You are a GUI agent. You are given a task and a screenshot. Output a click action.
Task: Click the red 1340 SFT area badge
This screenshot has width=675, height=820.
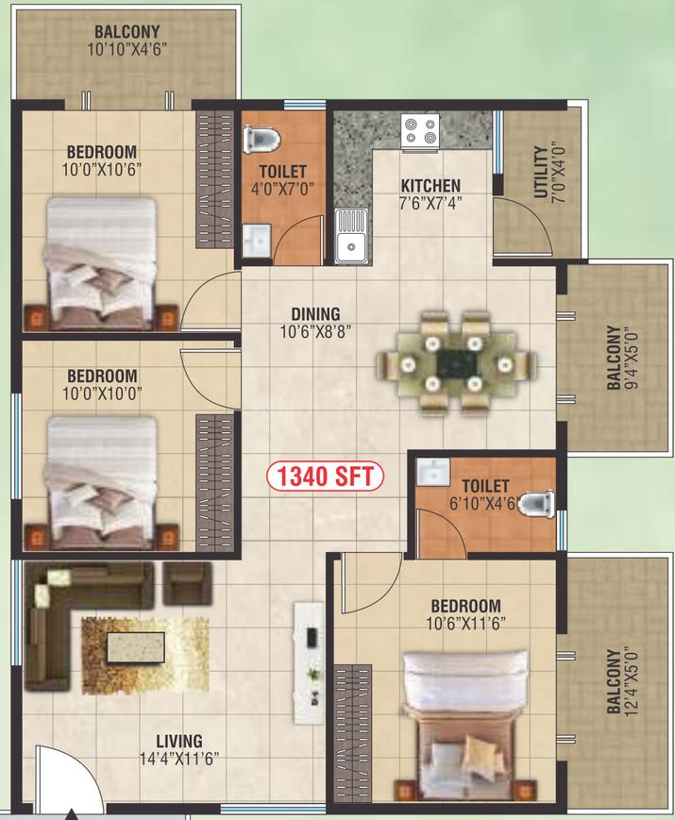click(325, 476)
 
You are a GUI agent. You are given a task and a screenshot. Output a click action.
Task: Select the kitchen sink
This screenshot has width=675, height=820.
click(351, 236)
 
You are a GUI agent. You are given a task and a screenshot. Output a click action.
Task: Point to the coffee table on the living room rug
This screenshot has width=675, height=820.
click(136, 647)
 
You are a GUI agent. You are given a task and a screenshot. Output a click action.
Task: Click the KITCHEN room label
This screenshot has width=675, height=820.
click(430, 186)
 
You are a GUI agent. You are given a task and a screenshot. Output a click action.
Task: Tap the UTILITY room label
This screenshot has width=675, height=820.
click(541, 172)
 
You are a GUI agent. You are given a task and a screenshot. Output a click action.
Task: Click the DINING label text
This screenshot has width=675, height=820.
click(315, 314)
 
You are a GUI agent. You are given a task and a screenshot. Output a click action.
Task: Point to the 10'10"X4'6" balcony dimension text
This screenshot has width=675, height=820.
click(127, 49)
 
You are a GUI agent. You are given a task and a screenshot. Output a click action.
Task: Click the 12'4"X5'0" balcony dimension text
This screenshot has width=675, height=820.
click(630, 682)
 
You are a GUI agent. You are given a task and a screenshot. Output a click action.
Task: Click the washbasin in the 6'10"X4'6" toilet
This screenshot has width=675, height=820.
click(432, 472)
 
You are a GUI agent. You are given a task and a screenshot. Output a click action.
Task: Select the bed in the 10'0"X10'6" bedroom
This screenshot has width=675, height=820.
click(102, 263)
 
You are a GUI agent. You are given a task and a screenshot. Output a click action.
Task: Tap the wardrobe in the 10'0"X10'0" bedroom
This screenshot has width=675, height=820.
click(214, 482)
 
